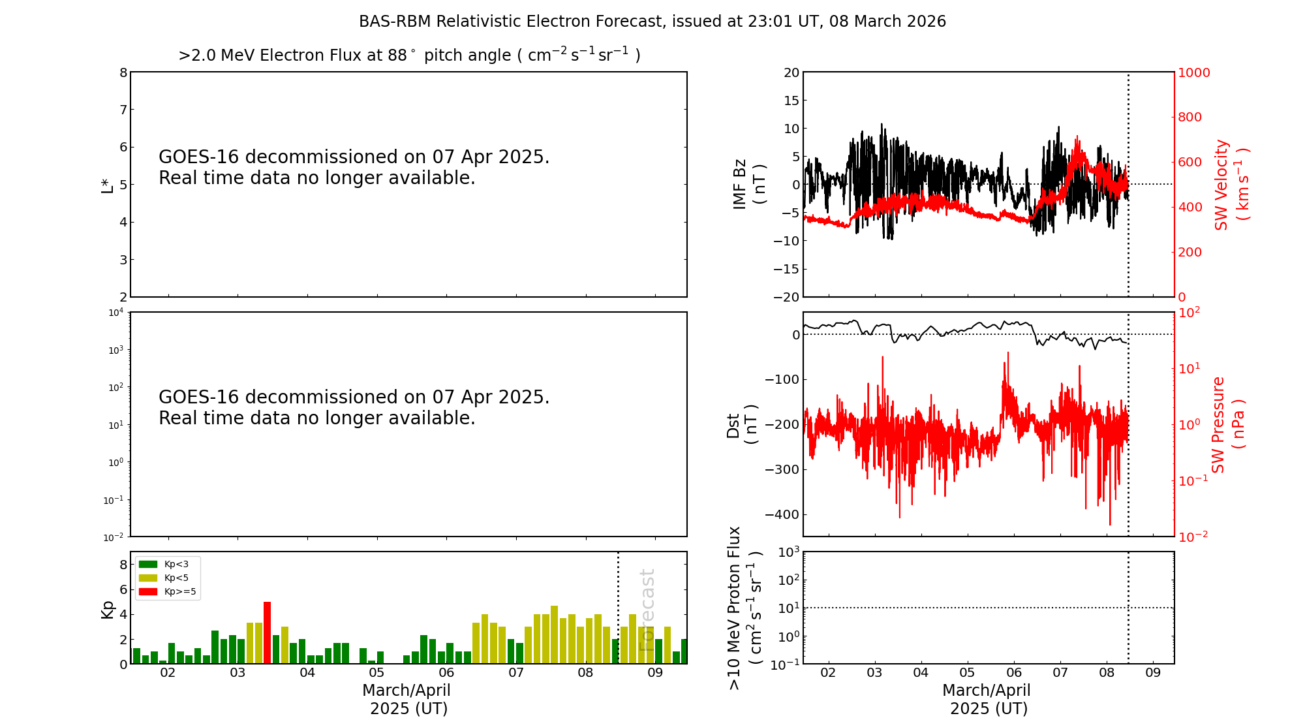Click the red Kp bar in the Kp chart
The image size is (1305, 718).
pyautogui.click(x=268, y=632)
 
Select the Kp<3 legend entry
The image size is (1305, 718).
pyautogui.click(x=167, y=564)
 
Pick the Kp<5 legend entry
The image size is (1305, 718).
pyautogui.click(x=167, y=578)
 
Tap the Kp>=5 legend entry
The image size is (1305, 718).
pyautogui.click(x=167, y=592)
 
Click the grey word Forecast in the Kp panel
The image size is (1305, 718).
pyautogui.click(x=647, y=610)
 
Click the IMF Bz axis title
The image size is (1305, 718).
pyautogui.click(x=749, y=184)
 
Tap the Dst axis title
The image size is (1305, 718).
pyautogui.click(x=742, y=424)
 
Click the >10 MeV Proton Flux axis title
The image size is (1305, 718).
pyautogui.click(x=745, y=608)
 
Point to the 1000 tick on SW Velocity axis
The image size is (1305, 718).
pyautogui.click(x=1193, y=72)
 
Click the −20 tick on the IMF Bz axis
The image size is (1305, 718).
pyautogui.click(x=786, y=297)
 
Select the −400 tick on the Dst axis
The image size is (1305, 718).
pyautogui.click(x=782, y=514)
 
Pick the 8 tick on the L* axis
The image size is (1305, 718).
pyautogui.click(x=123, y=72)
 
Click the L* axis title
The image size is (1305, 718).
pyautogui.click(x=107, y=185)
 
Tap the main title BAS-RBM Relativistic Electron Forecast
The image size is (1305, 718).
pyautogui.click(x=652, y=22)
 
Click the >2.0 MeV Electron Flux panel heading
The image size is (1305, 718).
pyautogui.click(x=409, y=55)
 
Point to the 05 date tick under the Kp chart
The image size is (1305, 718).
pyautogui.click(x=376, y=673)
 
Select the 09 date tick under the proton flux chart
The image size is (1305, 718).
pyautogui.click(x=1153, y=673)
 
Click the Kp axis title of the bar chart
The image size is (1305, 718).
pyautogui.click(x=107, y=610)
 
